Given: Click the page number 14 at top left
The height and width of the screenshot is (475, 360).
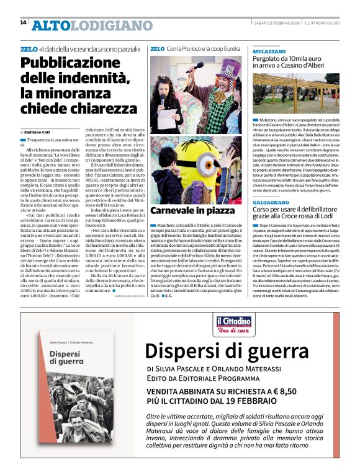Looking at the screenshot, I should pos(23,23).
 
